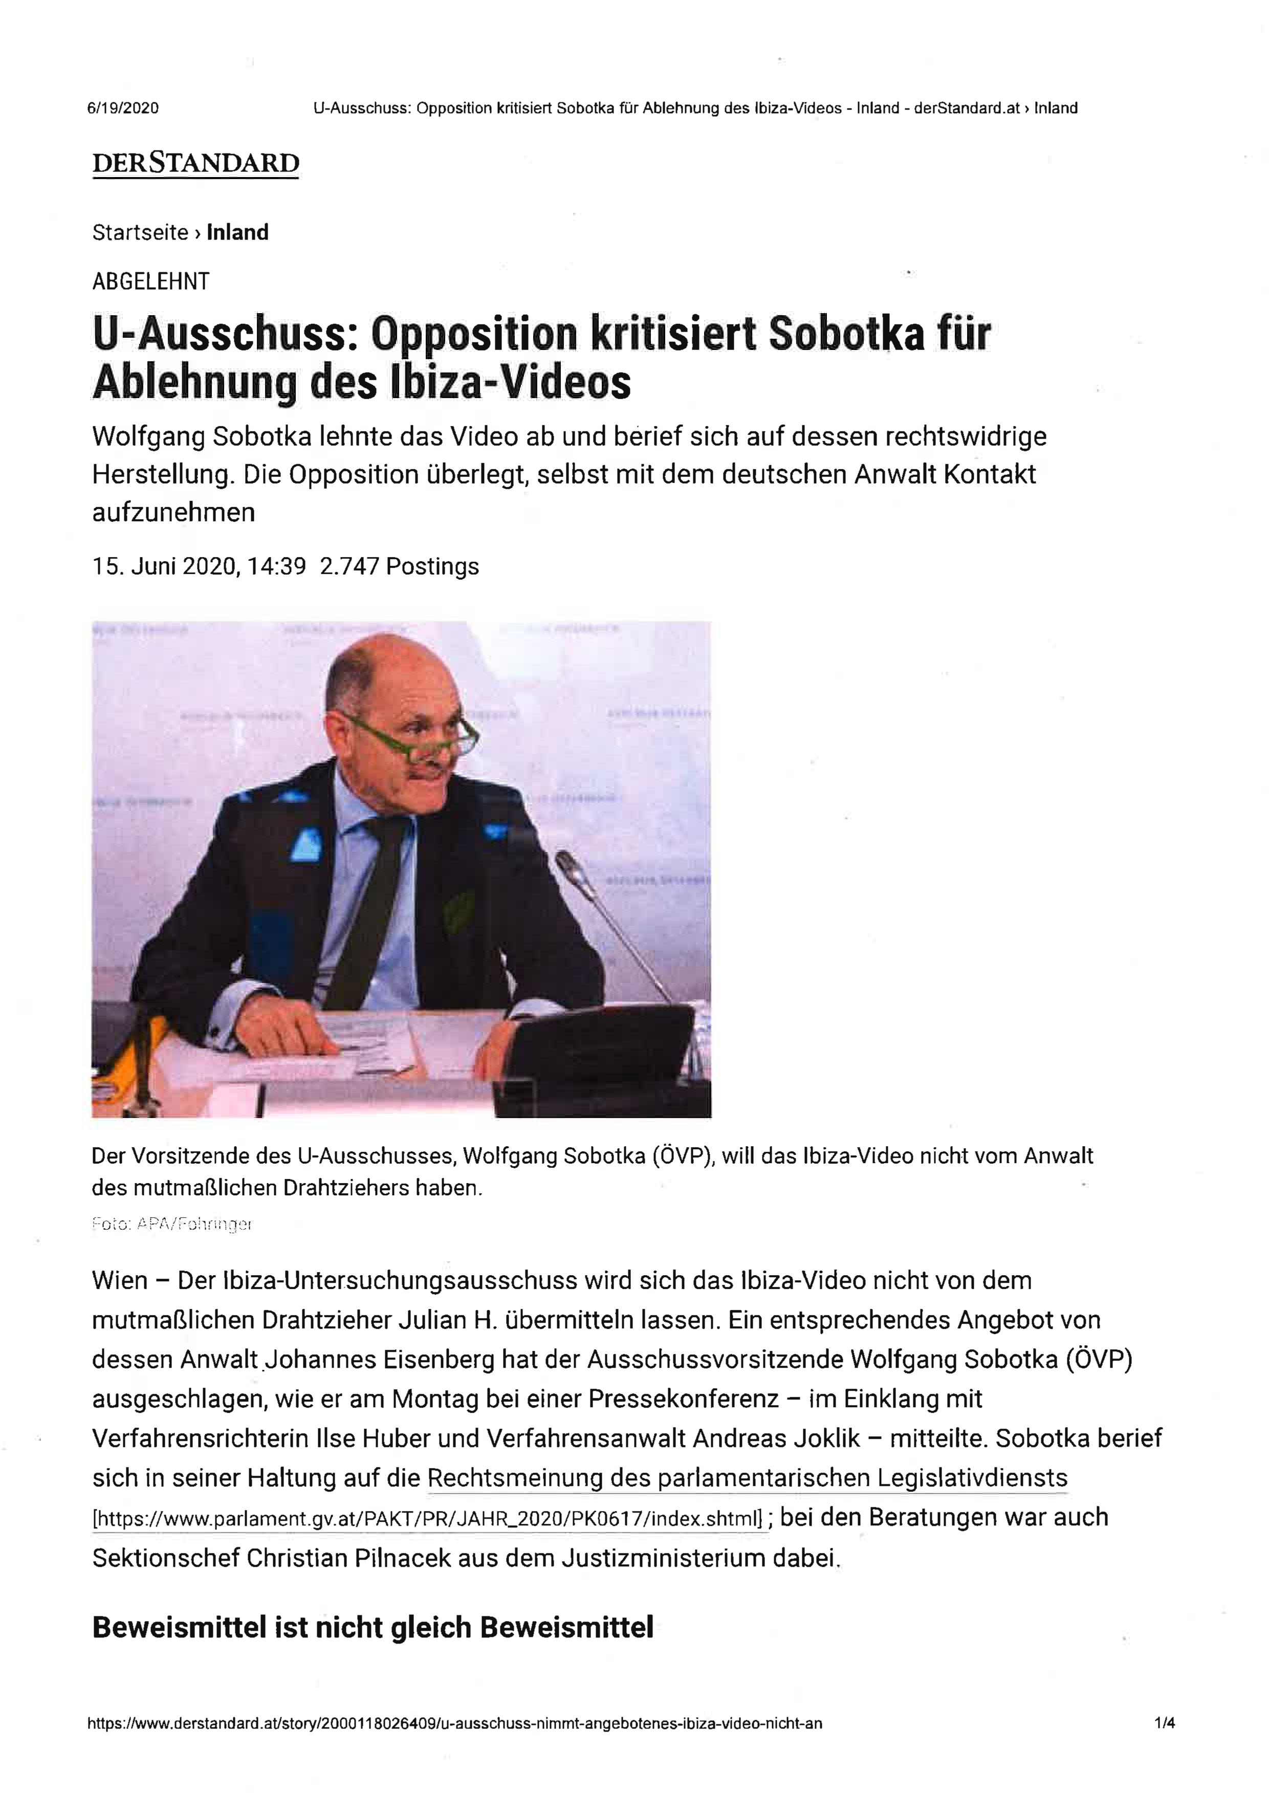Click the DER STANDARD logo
coord(195,163)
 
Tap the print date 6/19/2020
coord(123,108)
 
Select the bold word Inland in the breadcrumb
coord(238,232)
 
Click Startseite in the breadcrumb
coord(140,232)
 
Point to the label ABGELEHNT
coord(151,281)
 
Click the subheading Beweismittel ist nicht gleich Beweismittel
coord(372,1628)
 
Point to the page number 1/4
coord(1164,1723)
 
